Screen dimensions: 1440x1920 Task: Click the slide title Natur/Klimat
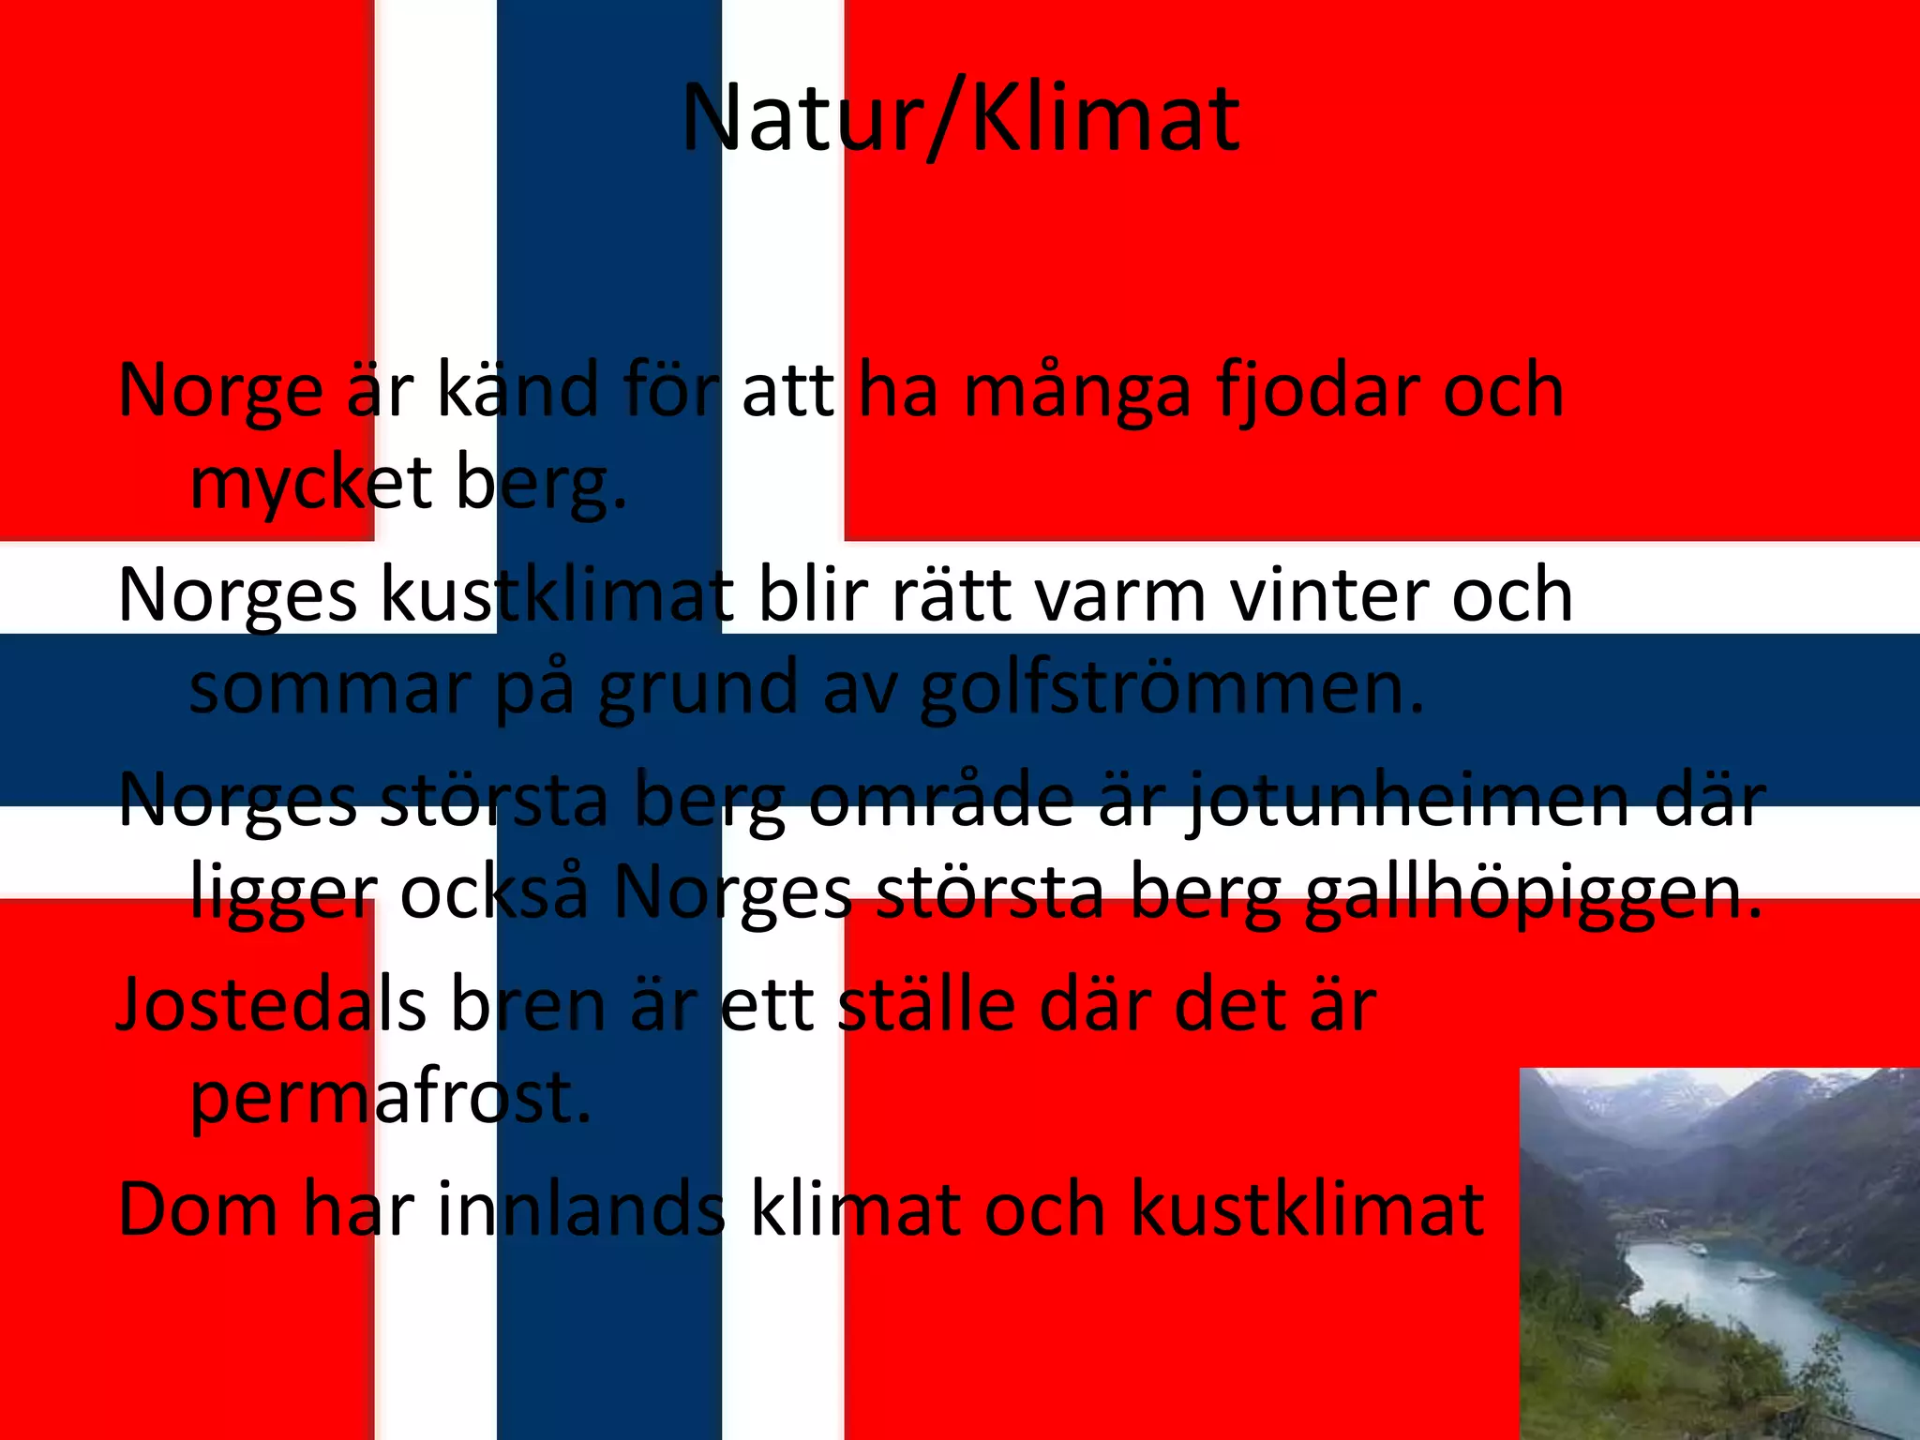(960, 120)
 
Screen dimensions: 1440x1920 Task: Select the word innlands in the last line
(581, 1209)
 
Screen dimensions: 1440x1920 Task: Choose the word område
(941, 800)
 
